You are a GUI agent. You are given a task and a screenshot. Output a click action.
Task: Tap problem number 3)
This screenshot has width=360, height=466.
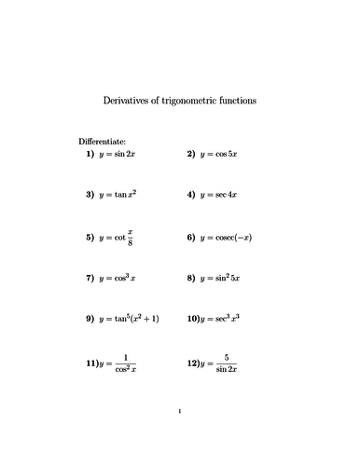90,195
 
